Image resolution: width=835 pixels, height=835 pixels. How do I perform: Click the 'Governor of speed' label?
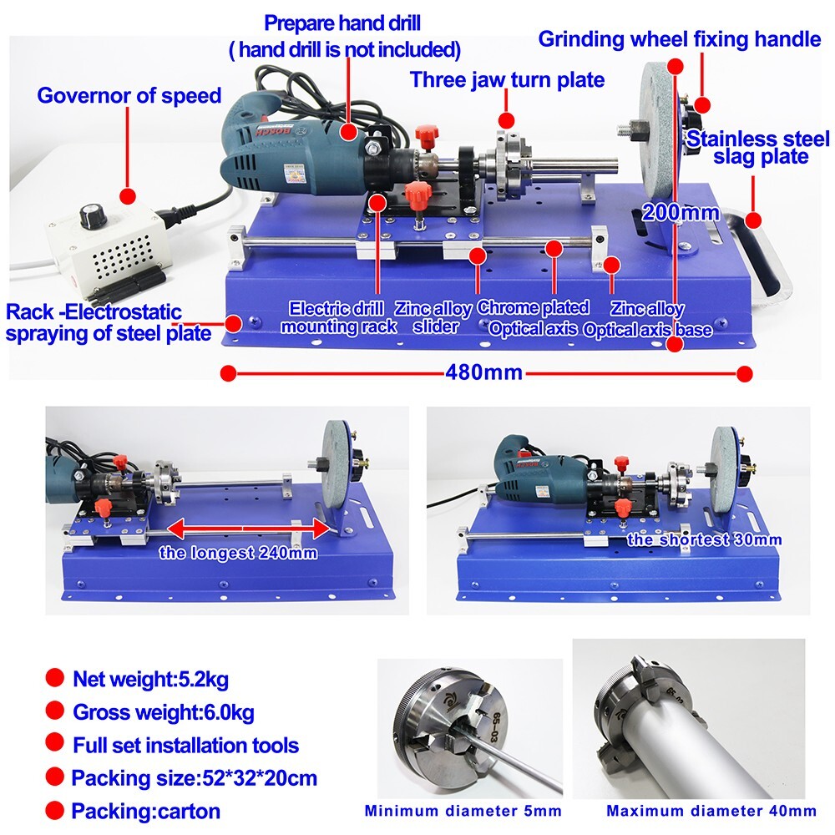(x=129, y=95)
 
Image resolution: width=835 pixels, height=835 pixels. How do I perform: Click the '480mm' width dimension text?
(x=484, y=372)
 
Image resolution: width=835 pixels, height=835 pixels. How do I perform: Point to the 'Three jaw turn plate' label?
(x=507, y=80)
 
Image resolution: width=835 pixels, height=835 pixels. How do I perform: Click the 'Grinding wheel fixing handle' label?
(x=679, y=38)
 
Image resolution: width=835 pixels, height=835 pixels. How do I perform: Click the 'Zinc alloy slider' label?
(x=433, y=317)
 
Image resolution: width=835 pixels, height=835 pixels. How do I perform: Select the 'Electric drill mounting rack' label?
(x=338, y=317)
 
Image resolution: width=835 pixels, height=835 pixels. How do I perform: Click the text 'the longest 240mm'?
(x=238, y=552)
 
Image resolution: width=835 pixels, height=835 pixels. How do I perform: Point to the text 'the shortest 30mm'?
(x=704, y=539)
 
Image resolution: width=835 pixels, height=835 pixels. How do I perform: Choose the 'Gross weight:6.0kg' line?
(x=163, y=712)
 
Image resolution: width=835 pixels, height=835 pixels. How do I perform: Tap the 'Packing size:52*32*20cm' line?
(x=194, y=778)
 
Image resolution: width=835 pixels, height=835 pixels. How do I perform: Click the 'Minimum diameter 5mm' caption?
(x=463, y=810)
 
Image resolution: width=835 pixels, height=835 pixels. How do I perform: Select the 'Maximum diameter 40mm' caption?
(x=711, y=810)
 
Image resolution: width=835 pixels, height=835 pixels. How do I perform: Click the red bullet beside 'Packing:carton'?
(x=55, y=810)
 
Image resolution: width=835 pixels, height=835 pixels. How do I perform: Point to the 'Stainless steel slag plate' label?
(x=757, y=147)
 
